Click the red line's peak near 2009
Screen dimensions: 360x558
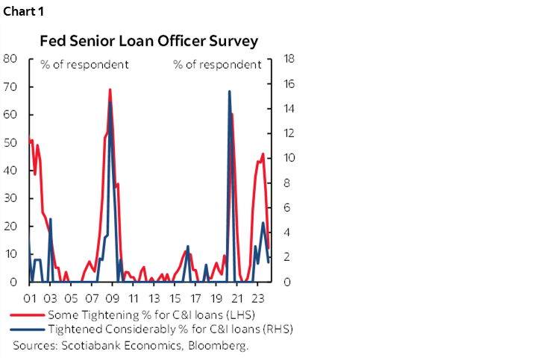(110, 89)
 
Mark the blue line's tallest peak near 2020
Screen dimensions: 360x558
(229, 92)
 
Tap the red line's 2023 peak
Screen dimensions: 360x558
(263, 154)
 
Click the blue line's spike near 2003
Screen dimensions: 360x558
(50, 219)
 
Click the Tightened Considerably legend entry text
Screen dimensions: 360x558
(169, 329)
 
